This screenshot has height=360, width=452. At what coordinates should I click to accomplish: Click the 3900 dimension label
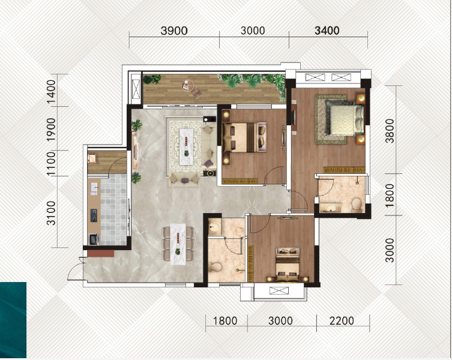tap(174, 31)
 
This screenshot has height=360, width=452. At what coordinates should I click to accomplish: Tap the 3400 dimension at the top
tap(327, 30)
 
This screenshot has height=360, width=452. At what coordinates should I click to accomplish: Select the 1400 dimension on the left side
tap(51, 92)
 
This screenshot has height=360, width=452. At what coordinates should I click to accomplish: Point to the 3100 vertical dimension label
tap(51, 213)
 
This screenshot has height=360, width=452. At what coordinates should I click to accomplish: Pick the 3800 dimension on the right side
tap(390, 131)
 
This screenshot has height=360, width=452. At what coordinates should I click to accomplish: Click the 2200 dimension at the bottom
tap(342, 320)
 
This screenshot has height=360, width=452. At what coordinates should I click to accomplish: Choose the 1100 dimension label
tap(51, 164)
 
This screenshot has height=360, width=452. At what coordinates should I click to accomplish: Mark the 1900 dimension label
tap(51, 130)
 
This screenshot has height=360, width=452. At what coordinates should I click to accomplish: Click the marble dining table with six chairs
tap(178, 244)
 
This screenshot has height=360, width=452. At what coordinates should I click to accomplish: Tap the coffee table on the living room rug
tap(186, 147)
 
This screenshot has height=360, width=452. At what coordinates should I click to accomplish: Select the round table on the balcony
tap(187, 85)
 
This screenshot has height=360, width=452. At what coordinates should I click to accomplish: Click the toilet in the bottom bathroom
tap(215, 266)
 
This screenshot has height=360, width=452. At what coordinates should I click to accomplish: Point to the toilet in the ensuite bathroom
tap(357, 205)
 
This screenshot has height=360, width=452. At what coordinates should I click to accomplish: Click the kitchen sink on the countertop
tap(94, 187)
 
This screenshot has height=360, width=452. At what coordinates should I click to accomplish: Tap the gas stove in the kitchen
tap(94, 215)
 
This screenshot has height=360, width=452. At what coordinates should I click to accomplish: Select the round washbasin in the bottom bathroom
tap(214, 226)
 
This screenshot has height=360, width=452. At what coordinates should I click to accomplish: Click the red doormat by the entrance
tap(101, 253)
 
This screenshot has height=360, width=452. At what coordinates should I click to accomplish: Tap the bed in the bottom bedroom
tap(288, 265)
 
